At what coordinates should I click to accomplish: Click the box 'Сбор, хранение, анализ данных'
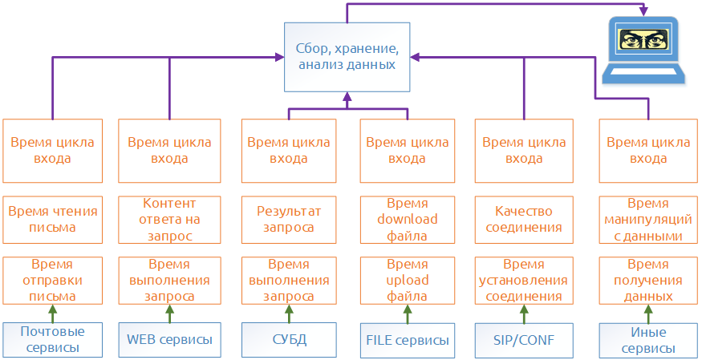click(347, 57)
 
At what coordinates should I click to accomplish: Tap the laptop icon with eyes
click(644, 51)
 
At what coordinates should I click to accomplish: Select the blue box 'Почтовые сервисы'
click(52, 340)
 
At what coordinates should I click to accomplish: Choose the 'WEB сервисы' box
click(169, 340)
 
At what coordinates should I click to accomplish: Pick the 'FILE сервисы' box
click(407, 340)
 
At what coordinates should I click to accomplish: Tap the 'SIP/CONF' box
click(524, 340)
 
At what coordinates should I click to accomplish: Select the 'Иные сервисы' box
click(647, 340)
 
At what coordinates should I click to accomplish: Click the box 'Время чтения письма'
click(52, 220)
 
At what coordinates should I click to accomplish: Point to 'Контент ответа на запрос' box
click(169, 220)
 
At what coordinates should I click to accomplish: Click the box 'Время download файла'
click(407, 220)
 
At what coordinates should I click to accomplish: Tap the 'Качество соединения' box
click(524, 220)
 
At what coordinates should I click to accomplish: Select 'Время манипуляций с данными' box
click(647, 220)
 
